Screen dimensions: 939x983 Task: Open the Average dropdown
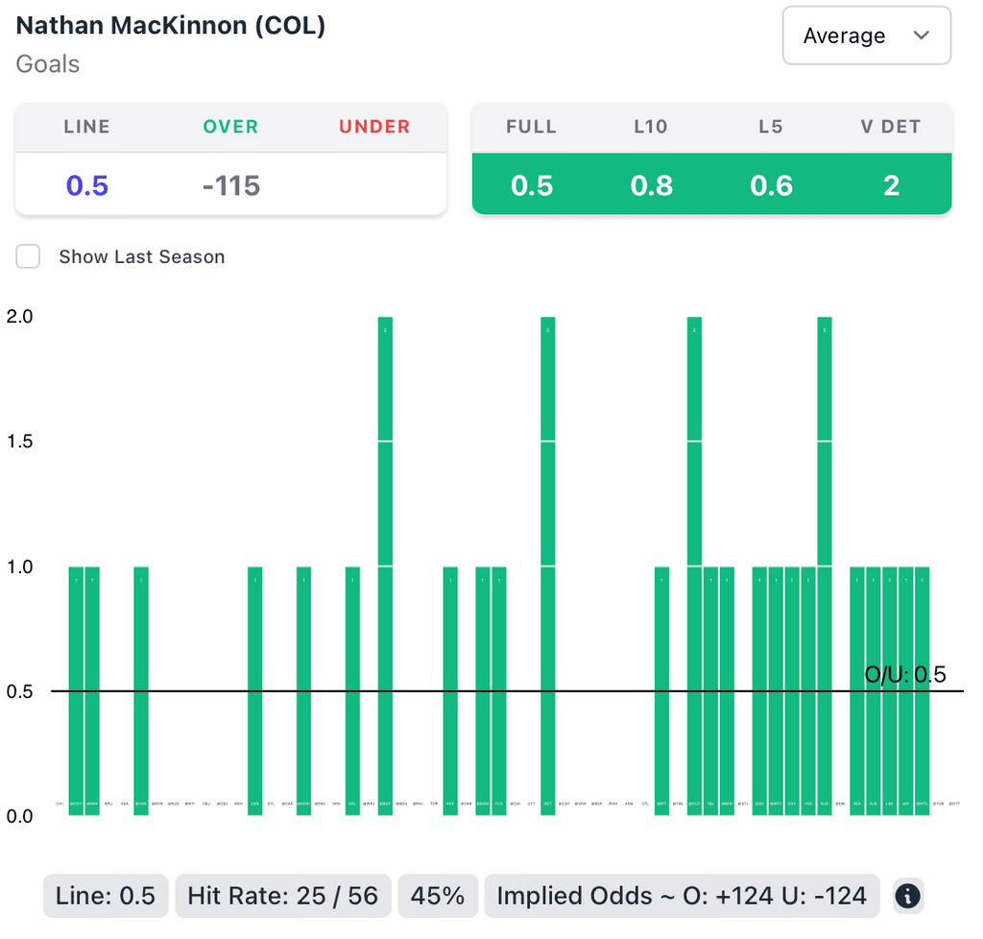point(866,36)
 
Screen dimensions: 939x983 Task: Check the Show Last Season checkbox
point(29,256)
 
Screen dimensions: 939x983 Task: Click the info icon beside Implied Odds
point(907,896)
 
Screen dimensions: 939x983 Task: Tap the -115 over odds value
point(231,184)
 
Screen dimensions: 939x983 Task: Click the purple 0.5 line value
point(86,184)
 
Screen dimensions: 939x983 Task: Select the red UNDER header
point(374,127)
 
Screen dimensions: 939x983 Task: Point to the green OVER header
point(230,127)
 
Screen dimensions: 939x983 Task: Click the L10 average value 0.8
point(652,184)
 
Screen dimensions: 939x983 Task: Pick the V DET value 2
point(891,184)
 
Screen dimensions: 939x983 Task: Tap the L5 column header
point(771,127)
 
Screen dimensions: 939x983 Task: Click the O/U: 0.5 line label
point(905,674)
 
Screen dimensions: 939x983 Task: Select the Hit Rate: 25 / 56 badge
point(282,896)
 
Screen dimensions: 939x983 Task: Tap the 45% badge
point(438,896)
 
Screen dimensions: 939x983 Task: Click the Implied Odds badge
point(682,896)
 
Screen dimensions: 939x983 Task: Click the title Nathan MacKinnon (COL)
point(171,26)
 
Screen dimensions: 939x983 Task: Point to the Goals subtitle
point(48,64)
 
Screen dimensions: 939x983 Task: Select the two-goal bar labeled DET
point(548,566)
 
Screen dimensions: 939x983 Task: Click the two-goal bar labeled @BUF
point(385,566)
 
